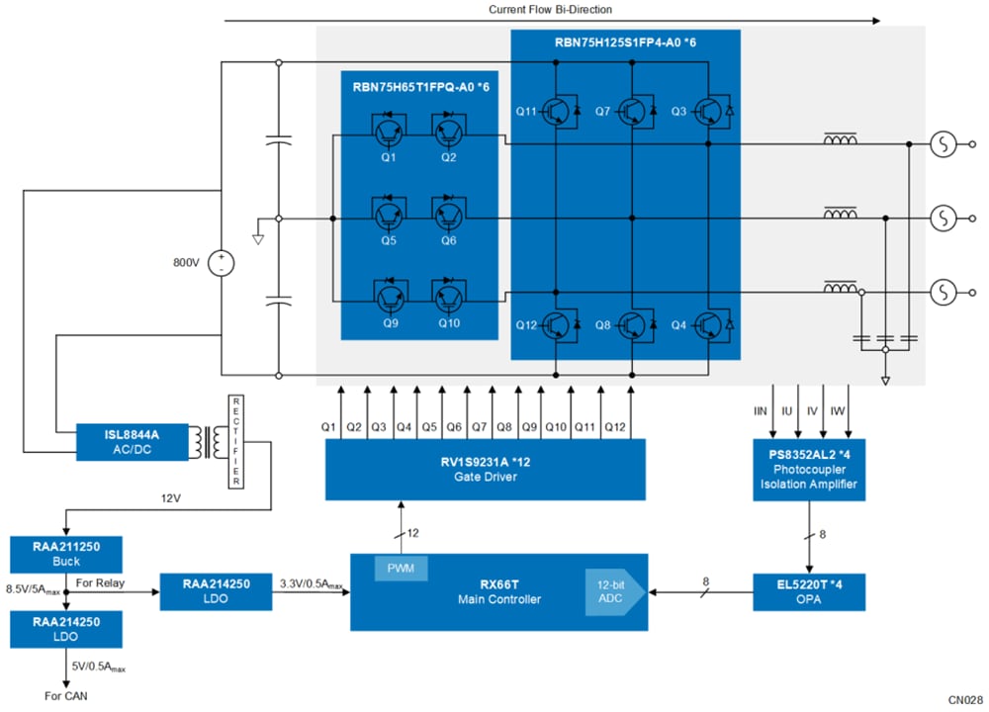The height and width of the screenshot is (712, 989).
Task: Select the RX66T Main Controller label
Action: click(499, 592)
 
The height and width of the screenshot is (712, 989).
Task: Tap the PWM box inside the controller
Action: click(400, 568)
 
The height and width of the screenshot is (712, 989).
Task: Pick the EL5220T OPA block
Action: click(808, 591)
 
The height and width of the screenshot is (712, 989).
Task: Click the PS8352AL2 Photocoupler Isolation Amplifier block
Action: click(808, 469)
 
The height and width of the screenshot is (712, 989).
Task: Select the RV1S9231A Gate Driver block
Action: click(486, 469)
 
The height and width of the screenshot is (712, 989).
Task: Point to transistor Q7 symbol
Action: click(635, 111)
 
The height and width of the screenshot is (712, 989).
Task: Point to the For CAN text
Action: click(66, 696)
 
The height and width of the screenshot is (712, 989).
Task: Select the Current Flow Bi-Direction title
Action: click(550, 9)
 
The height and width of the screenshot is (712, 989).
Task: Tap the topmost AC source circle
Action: click(943, 145)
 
